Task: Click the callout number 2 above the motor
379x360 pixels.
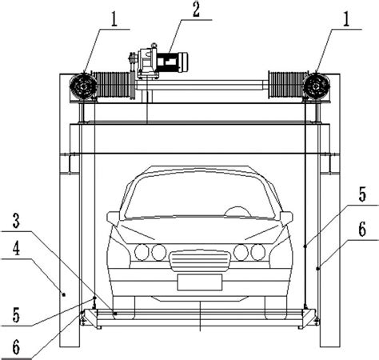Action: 196,10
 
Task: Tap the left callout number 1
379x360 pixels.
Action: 114,19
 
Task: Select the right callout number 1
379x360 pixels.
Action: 345,19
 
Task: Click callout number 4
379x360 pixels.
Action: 16,248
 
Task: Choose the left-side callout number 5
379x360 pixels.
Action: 16,315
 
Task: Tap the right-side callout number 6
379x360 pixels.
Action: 362,230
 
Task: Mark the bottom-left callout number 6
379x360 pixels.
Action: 16,347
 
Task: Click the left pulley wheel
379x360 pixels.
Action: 83,86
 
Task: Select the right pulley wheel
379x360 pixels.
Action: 317,86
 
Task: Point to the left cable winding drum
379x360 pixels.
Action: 113,85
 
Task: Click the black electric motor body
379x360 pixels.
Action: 170,62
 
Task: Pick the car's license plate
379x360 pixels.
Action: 200,282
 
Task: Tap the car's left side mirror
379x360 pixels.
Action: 114,218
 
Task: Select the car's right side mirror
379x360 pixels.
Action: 286,218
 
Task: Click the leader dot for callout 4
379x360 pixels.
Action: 64,294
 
